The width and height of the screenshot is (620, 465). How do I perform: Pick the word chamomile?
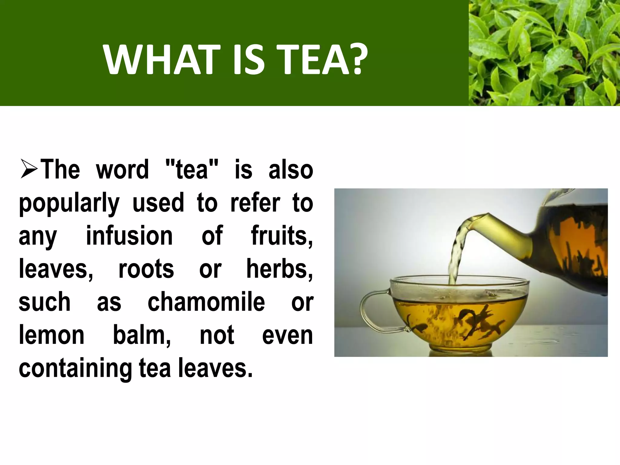pos(206,302)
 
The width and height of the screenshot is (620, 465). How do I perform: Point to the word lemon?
pos(51,335)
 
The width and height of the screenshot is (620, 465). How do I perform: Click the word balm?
pos(141,335)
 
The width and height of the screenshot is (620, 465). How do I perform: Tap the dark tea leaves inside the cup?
pos(472,321)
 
